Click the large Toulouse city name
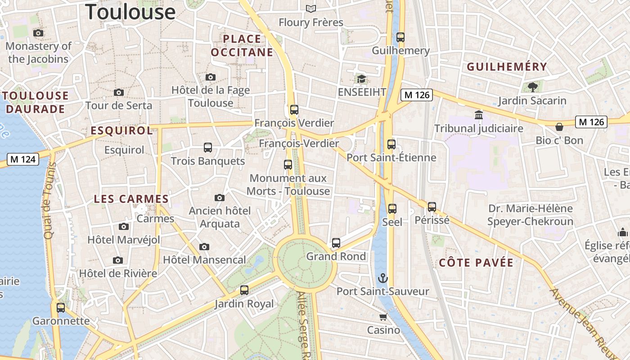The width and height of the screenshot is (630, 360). click(x=130, y=11)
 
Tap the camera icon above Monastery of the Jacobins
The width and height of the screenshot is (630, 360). click(x=38, y=33)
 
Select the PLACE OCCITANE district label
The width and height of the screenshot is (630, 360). click(x=242, y=45)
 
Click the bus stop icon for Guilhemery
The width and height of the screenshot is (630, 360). click(x=400, y=37)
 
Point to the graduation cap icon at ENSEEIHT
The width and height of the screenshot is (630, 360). click(x=361, y=79)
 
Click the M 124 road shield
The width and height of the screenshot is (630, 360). click(x=23, y=159)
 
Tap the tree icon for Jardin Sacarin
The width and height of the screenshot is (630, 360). click(x=533, y=87)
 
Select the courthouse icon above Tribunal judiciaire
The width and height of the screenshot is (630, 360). click(x=479, y=115)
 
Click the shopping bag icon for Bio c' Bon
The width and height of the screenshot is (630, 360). click(x=559, y=127)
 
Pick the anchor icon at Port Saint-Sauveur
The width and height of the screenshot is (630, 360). click(x=383, y=278)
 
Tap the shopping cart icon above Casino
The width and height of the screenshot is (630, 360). click(x=383, y=317)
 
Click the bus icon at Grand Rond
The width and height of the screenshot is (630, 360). click(x=336, y=243)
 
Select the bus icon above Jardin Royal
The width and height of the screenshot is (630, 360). click(x=244, y=290)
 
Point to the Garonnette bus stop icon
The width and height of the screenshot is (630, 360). click(x=61, y=308)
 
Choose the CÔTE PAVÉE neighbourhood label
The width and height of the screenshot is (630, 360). click(x=476, y=263)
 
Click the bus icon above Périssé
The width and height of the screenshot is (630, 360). click(x=432, y=207)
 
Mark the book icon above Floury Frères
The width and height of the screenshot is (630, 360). click(x=310, y=9)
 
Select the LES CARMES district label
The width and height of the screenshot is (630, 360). click(x=131, y=199)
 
